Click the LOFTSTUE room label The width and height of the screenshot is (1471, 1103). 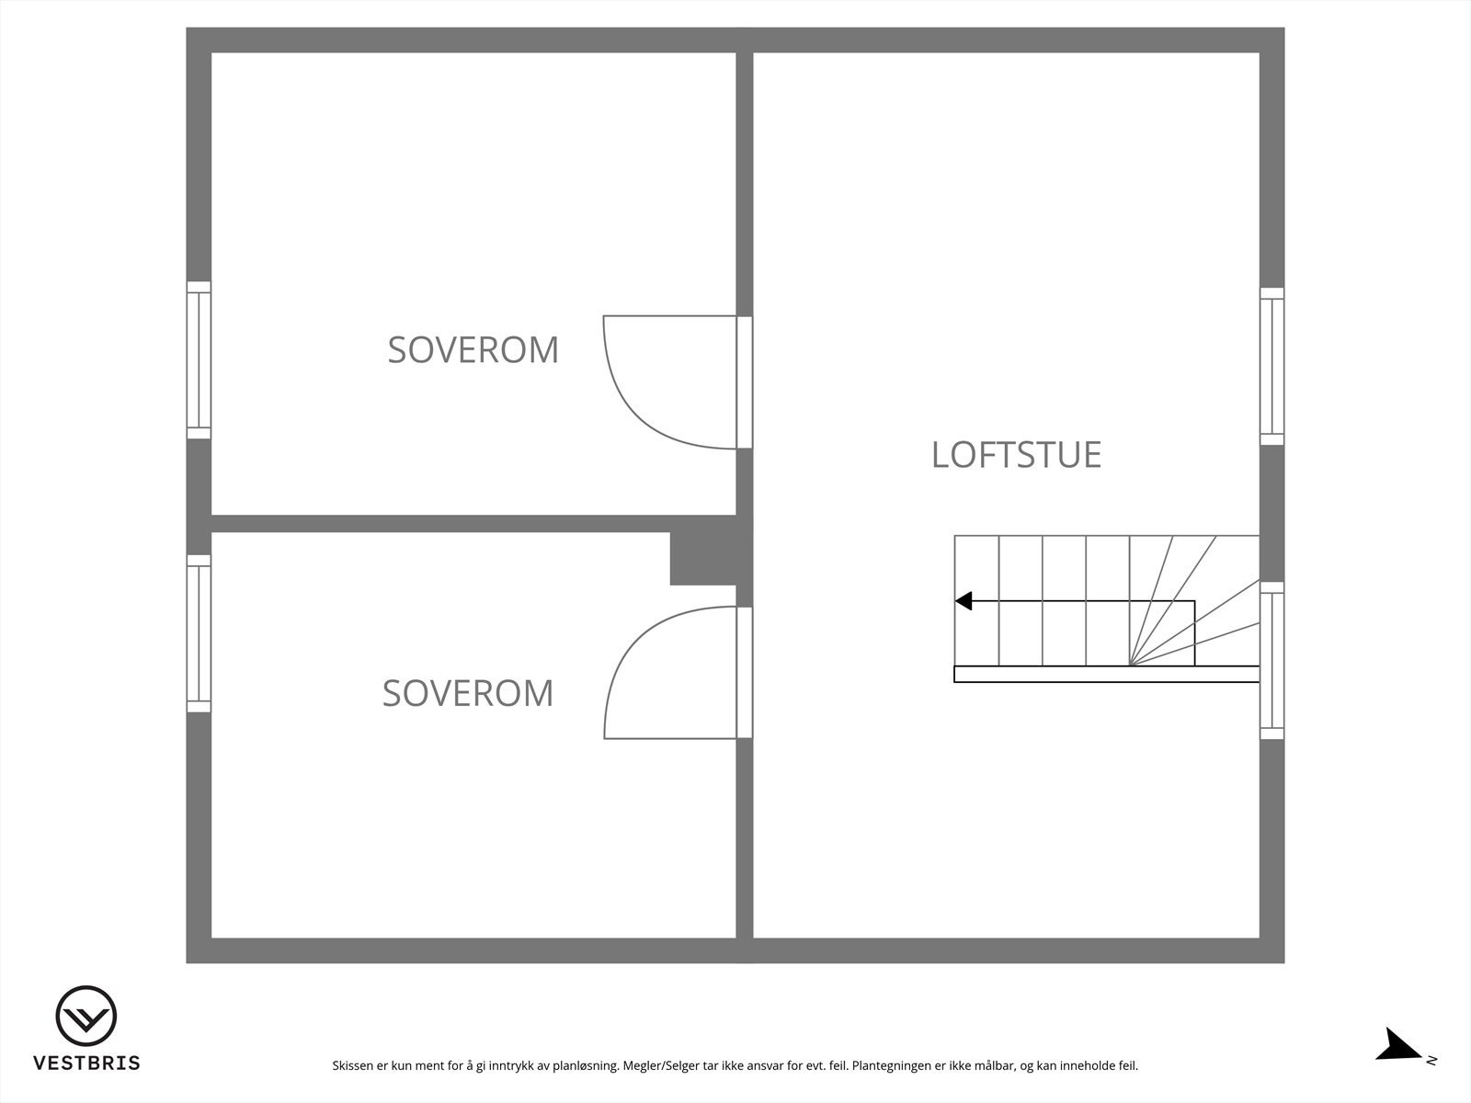pyautogui.click(x=1016, y=455)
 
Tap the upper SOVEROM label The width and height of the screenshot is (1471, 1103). pyautogui.click(x=473, y=350)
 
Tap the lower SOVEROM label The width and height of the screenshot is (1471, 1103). pyautogui.click(x=468, y=693)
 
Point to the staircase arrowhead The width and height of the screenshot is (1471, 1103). pyautogui.click(x=964, y=601)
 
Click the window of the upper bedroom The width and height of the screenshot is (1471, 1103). pyautogui.click(x=199, y=360)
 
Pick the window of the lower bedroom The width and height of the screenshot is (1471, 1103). pyautogui.click(x=199, y=633)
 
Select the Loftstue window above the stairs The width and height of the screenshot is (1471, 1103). pyautogui.click(x=1271, y=366)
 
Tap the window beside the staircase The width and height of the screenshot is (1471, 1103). pyautogui.click(x=1271, y=660)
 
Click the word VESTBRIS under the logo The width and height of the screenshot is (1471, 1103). pyautogui.click(x=86, y=1063)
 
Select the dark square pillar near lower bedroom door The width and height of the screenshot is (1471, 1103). pyautogui.click(x=702, y=559)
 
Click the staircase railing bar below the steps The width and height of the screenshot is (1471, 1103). pyautogui.click(x=1106, y=674)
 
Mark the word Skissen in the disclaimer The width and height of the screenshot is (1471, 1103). pyautogui.click(x=353, y=1066)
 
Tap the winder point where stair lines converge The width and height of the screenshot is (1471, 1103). pyautogui.click(x=1130, y=665)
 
